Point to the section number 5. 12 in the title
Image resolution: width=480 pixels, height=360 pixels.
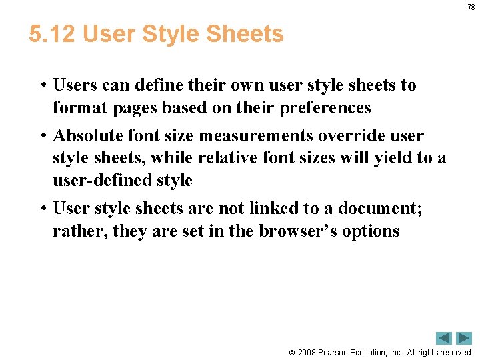[53, 34]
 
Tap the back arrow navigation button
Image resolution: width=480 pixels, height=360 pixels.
[444, 338]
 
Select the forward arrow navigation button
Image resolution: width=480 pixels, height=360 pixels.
[463, 338]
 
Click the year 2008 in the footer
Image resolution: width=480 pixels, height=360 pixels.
[307, 352]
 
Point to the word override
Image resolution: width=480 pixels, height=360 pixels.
[329, 136]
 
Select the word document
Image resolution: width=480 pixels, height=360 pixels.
[380, 209]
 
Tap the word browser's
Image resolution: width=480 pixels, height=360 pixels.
[294, 231]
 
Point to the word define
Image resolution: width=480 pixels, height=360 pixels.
[158, 85]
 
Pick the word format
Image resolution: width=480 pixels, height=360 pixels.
[75, 107]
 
